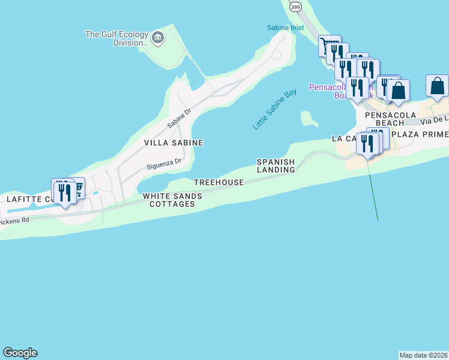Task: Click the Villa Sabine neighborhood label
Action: point(173,143)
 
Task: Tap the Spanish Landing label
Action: point(276,166)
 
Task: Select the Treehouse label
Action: point(218,182)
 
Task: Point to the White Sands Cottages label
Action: point(169,200)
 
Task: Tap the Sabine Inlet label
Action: point(286,28)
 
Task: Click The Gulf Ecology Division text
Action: point(117,38)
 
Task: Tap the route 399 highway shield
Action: point(295,7)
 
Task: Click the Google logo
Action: point(20,353)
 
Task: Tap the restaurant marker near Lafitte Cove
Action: point(64,193)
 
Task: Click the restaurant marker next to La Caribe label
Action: point(367,144)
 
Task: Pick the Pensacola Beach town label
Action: point(382,118)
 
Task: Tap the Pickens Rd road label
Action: point(14,221)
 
